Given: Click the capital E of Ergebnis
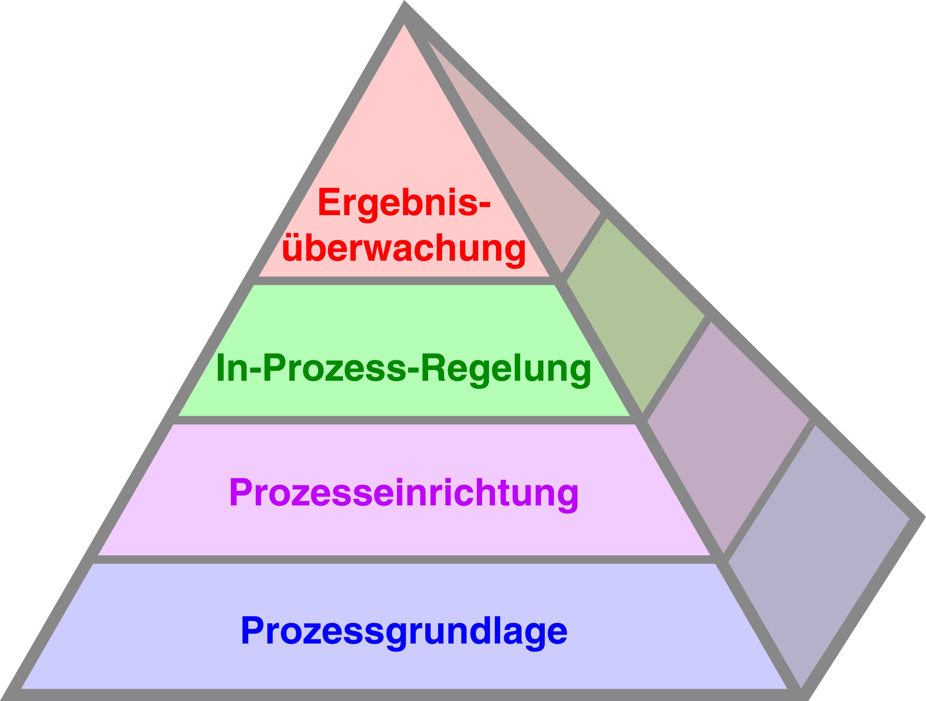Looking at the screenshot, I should point(329,202).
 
